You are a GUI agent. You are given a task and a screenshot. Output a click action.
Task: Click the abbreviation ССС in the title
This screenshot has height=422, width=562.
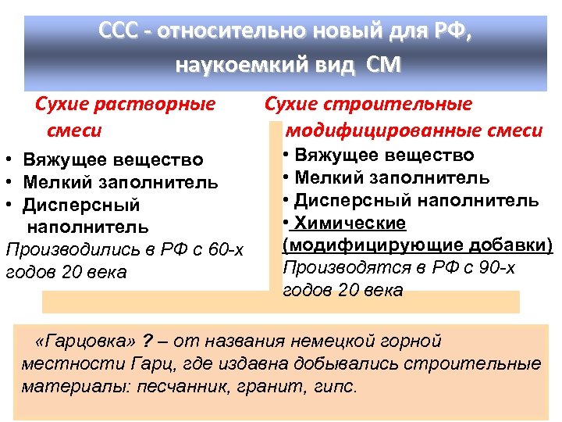[x=121, y=32]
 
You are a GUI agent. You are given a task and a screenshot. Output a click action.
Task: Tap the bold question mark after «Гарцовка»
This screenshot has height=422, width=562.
[x=148, y=341]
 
